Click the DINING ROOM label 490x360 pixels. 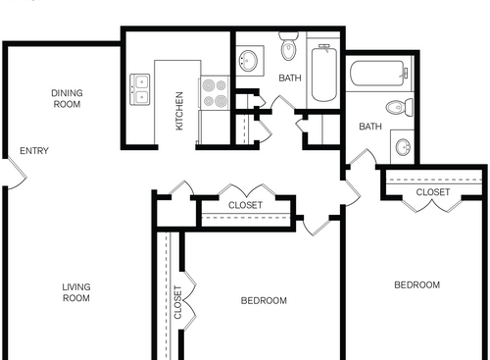click(x=67, y=98)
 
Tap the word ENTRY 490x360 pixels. click(x=34, y=151)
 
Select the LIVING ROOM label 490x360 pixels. click(x=76, y=292)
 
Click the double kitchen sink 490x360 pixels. click(x=139, y=89)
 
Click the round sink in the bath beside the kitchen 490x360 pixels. click(x=248, y=61)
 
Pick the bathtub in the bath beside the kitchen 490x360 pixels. click(x=324, y=74)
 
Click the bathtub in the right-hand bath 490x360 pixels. click(x=377, y=75)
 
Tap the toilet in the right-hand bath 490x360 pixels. click(x=400, y=107)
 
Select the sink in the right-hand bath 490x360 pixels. click(x=403, y=148)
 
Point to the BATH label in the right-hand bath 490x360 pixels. click(x=369, y=127)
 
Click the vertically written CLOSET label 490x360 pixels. click(x=177, y=304)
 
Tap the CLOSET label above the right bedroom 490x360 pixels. click(x=432, y=193)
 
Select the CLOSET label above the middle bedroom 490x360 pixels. click(x=245, y=205)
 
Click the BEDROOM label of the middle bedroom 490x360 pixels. click(x=264, y=300)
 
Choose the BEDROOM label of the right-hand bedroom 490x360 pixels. click(x=416, y=285)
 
